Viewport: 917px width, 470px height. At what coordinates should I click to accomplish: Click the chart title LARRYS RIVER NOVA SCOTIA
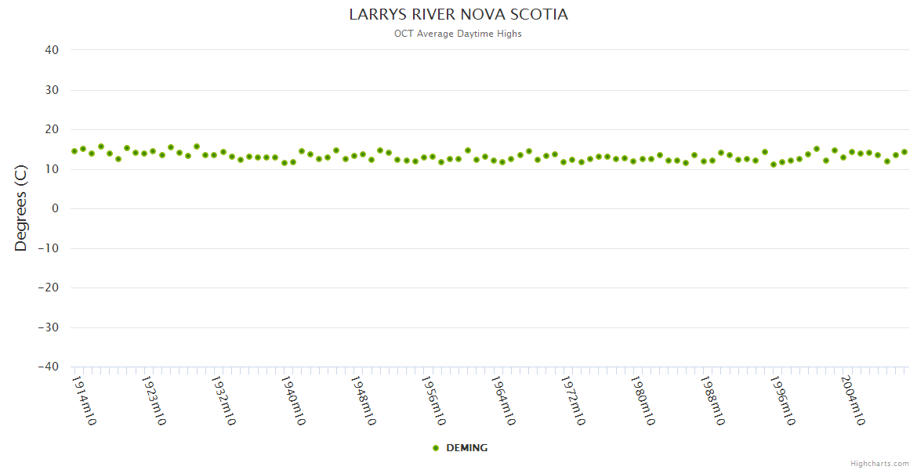[x=458, y=15]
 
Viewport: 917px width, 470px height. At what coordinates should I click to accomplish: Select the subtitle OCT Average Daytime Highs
[x=458, y=34]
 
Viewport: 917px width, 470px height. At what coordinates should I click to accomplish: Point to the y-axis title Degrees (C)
[x=21, y=208]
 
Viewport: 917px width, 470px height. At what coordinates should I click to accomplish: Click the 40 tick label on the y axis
[x=52, y=50]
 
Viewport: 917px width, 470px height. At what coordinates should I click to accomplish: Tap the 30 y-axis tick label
[x=52, y=90]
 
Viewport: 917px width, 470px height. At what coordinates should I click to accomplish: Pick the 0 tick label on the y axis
[x=56, y=208]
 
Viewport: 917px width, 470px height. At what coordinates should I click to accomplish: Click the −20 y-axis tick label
[x=49, y=287]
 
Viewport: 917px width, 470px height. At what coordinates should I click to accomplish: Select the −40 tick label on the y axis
[x=49, y=367]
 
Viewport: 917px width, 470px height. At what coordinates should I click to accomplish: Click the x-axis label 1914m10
[x=84, y=400]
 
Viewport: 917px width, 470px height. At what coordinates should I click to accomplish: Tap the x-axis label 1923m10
[x=154, y=400]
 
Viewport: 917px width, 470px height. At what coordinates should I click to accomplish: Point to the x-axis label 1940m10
[x=293, y=400]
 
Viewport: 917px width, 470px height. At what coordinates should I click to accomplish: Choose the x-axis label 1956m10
[x=433, y=400]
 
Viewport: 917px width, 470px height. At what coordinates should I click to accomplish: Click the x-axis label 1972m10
[x=572, y=400]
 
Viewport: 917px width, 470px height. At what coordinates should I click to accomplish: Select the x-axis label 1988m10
[x=712, y=400]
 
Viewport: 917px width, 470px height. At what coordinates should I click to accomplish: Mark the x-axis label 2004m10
[x=851, y=400]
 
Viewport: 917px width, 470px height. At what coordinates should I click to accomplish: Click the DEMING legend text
[x=466, y=448]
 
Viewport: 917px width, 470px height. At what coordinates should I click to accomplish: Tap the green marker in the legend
[x=436, y=448]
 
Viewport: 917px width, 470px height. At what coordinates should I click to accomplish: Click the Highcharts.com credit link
[x=879, y=463]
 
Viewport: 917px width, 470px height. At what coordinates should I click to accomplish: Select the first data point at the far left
[x=74, y=151]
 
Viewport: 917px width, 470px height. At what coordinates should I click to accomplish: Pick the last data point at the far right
[x=904, y=152]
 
